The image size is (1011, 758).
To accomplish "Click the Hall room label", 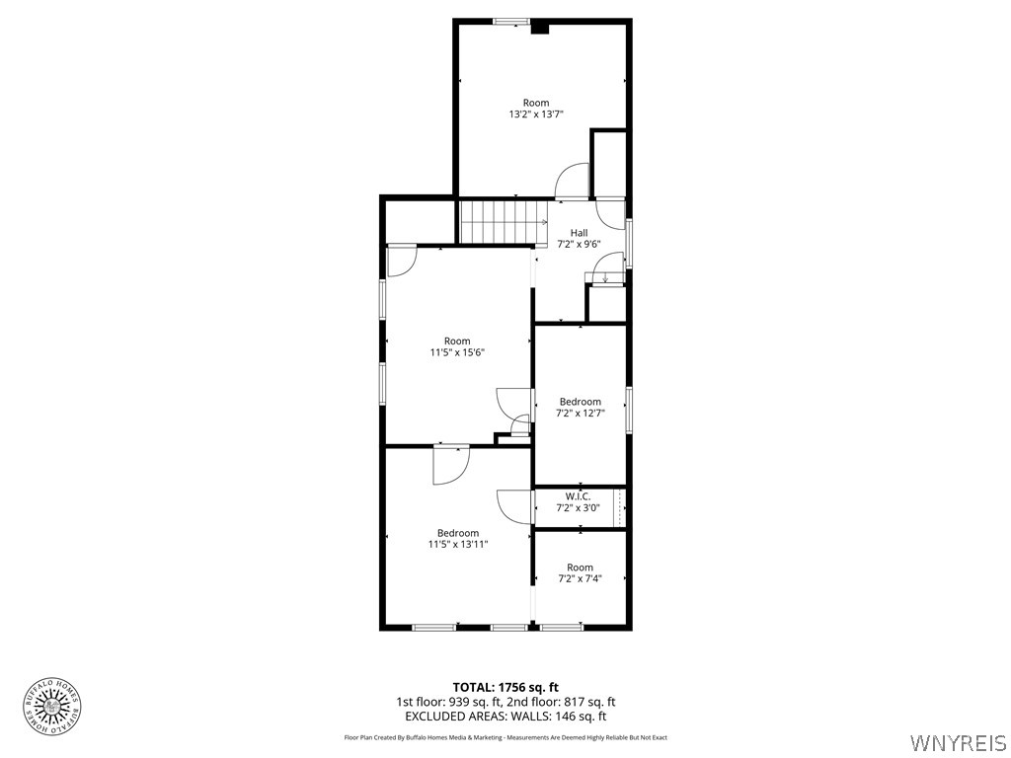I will pyautogui.click(x=580, y=233).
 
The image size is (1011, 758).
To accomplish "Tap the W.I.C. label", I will pyautogui.click(x=578, y=495).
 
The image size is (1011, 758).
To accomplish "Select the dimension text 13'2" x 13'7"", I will pyautogui.click(x=536, y=114).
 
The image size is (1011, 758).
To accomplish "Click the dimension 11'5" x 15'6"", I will pyautogui.click(x=457, y=352).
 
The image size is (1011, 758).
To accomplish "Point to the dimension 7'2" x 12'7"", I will pyautogui.click(x=580, y=414).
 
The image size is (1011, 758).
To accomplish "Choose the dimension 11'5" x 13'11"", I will pyautogui.click(x=458, y=544).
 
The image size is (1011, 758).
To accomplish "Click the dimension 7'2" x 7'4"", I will pyautogui.click(x=581, y=579).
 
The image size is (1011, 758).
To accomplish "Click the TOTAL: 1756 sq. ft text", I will pyautogui.click(x=505, y=687).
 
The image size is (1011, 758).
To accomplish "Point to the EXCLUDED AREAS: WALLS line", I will pyautogui.click(x=505, y=717).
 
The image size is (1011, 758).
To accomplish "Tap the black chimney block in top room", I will pyautogui.click(x=540, y=28).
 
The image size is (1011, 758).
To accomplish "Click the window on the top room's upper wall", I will pyautogui.click(x=510, y=21).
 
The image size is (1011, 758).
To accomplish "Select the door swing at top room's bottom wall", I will pyautogui.click(x=573, y=182).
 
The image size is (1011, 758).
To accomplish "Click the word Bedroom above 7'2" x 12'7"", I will pyautogui.click(x=580, y=402).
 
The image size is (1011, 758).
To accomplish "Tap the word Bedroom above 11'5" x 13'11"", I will pyautogui.click(x=458, y=533).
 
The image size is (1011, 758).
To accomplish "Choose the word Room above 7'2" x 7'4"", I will pyautogui.click(x=581, y=568).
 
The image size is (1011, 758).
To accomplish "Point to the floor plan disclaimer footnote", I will pyautogui.click(x=505, y=737).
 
